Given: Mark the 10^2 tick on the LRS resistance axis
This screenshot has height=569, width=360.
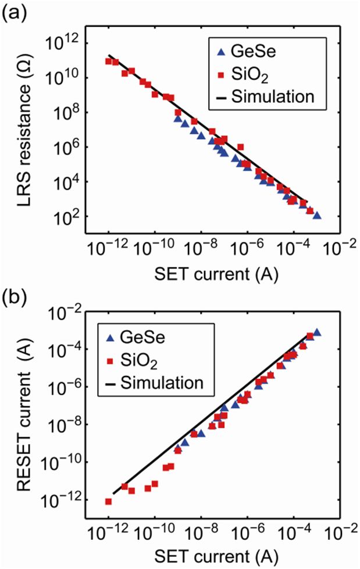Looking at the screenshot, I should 72,217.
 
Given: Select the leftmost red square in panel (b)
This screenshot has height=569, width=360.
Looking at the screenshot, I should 109,501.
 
